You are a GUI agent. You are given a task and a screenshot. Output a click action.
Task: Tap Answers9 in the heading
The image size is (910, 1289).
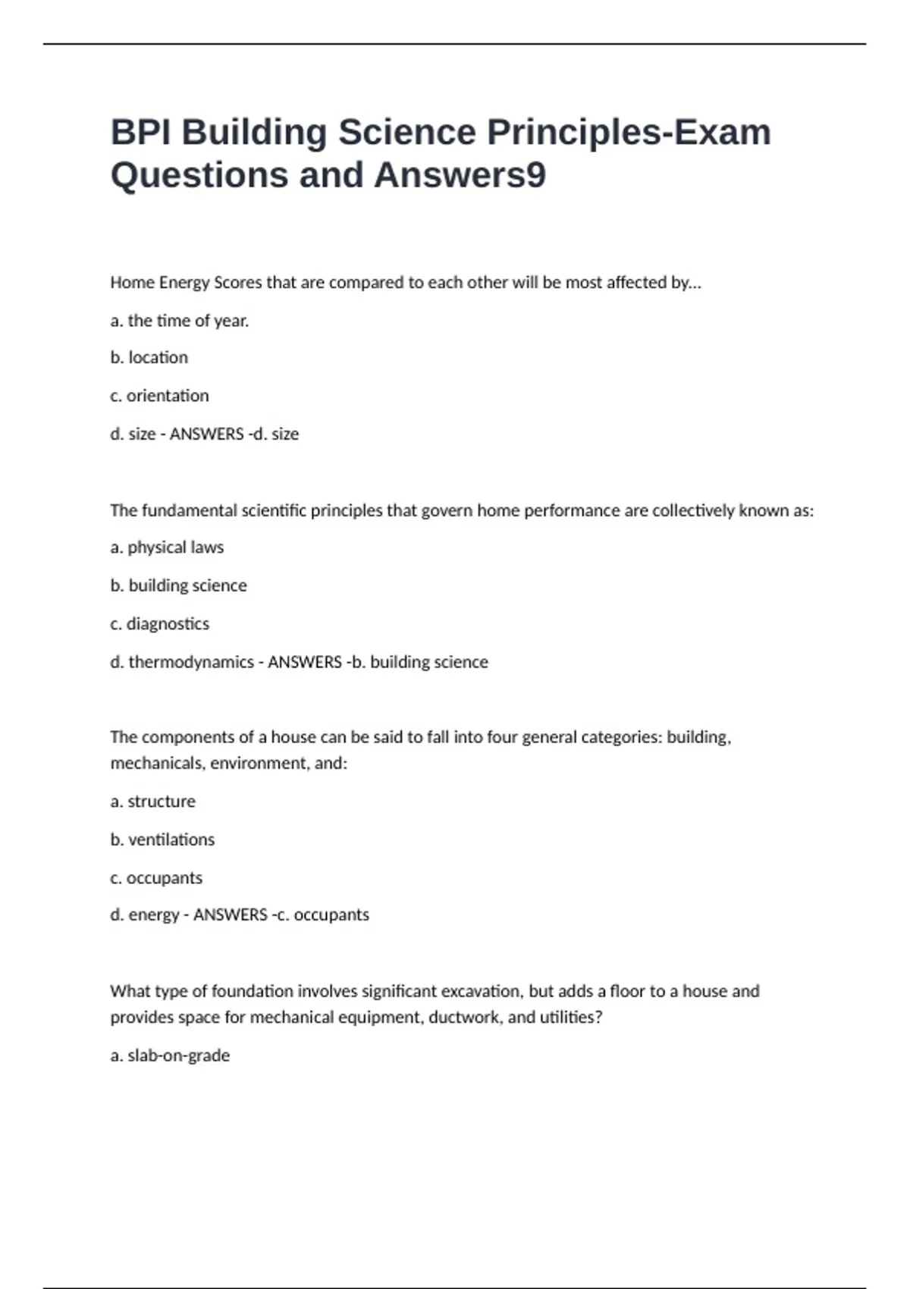460,175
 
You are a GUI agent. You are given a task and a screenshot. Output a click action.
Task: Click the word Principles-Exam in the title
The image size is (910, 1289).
629,133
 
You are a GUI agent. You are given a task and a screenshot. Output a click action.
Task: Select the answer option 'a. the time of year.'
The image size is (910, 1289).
180,321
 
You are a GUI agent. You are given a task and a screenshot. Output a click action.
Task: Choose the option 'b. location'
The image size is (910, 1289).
149,357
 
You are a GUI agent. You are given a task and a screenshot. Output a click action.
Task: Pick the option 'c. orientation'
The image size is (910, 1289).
159,396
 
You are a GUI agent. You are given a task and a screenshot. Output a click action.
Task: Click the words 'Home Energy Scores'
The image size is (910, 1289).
186,282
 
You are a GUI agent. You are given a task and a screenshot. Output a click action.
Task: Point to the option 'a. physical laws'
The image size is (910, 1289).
167,547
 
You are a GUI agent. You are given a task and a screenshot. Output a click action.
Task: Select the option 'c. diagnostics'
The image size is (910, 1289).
159,624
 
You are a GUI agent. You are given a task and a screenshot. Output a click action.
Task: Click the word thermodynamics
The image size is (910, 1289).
191,662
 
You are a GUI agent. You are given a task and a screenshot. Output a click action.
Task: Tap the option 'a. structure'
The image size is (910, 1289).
152,801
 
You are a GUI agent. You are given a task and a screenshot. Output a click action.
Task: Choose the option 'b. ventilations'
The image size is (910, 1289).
162,839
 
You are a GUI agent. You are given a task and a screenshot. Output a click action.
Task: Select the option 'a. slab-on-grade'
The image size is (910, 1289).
170,1055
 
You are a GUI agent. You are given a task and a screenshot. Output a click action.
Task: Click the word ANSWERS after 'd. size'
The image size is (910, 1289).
206,434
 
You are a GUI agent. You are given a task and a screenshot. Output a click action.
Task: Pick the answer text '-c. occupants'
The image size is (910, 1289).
321,915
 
